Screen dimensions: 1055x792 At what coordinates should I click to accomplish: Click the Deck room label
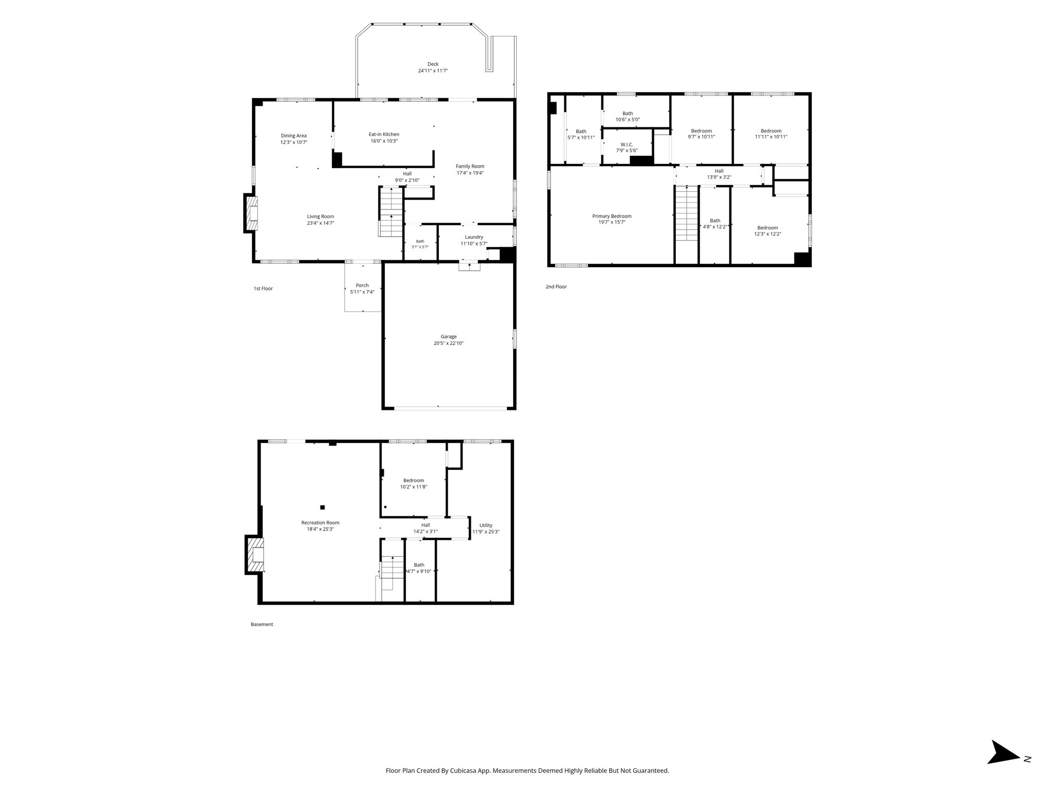[x=433, y=64]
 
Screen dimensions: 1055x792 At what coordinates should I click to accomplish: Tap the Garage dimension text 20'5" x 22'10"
[x=448, y=343]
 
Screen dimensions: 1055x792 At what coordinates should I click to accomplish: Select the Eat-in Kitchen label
[x=384, y=134]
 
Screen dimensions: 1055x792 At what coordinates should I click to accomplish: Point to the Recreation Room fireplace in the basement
[x=254, y=555]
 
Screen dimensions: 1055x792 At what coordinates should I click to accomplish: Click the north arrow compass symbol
[x=1003, y=767]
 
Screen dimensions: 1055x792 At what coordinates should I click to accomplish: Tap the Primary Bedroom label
[x=611, y=216]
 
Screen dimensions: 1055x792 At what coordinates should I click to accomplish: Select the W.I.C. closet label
[x=627, y=144]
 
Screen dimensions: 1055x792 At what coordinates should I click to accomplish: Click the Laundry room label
[x=474, y=237]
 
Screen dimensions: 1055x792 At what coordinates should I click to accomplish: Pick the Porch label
[x=362, y=285]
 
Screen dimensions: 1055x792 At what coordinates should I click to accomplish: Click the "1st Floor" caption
[x=263, y=288]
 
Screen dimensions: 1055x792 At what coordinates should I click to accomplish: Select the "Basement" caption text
[x=262, y=624]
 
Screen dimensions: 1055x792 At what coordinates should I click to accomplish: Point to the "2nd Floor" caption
[x=556, y=286]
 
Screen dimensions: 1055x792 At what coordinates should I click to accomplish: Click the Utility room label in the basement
[x=486, y=525]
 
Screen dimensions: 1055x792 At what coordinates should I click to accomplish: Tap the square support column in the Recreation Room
[x=322, y=507]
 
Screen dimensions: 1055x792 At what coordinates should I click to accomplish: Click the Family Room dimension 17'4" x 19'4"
[x=470, y=173]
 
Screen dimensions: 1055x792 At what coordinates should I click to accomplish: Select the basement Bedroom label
[x=414, y=480]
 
